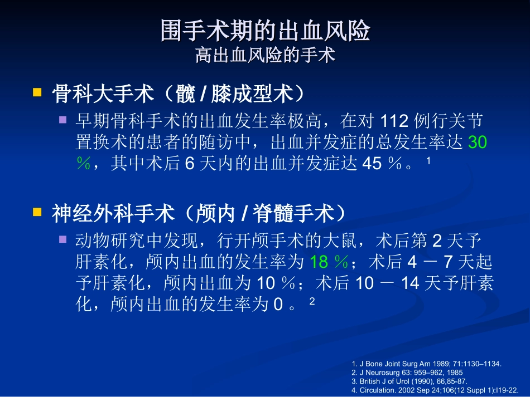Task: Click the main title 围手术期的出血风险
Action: [265, 31]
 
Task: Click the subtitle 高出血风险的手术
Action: [265, 56]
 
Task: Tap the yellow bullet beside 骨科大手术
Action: [37, 92]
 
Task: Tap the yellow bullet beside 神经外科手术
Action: [37, 212]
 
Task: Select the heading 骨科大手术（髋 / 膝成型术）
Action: [179, 94]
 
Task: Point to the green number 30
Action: [478, 143]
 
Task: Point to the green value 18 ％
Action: [329, 262]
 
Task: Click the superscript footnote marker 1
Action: [428, 161]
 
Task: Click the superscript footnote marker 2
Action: [312, 301]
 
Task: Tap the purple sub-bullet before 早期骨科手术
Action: [63, 120]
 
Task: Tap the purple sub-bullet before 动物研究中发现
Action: [63, 239]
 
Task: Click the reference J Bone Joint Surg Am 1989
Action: [427, 364]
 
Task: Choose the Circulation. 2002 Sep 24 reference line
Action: [439, 390]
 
